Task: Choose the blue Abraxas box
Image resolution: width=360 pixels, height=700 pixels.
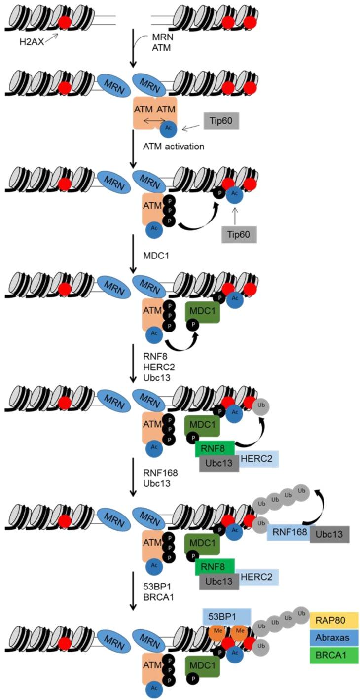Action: click(x=333, y=638)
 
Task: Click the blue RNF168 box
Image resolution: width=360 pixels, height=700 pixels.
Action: click(x=288, y=533)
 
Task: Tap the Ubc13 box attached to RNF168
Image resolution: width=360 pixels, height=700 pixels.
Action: click(x=329, y=534)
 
